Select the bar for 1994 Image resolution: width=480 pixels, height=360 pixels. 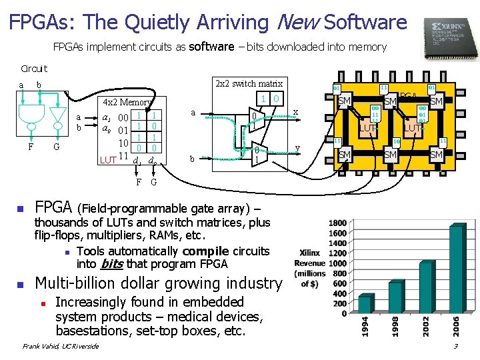coord(365,303)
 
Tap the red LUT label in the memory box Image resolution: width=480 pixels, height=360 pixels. coord(107,160)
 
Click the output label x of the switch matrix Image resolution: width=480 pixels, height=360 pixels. coord(295,112)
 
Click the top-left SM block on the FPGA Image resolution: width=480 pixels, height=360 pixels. coord(345,101)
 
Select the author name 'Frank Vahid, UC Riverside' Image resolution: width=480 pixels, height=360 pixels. coord(61,346)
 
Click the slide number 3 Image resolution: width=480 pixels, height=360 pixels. coord(455,346)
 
